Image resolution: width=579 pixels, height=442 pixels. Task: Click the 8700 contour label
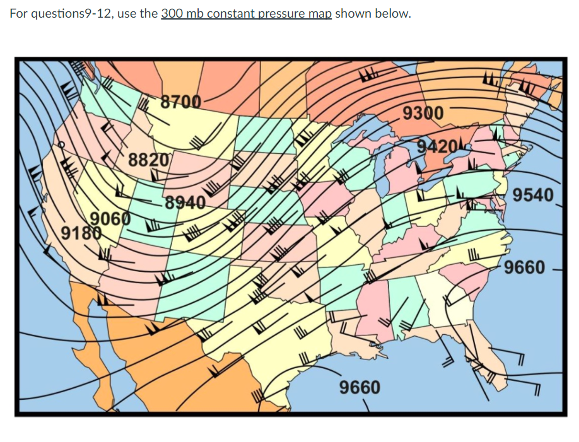tap(180, 102)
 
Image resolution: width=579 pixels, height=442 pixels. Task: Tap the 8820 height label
tap(149, 160)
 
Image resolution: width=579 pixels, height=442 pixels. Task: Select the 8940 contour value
tap(185, 203)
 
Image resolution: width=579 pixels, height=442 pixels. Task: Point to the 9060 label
tap(111, 219)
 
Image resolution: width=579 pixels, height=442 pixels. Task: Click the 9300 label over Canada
tap(423, 113)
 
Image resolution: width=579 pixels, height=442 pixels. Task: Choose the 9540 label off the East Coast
tap(532, 195)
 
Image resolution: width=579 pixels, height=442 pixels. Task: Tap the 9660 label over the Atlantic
tap(525, 267)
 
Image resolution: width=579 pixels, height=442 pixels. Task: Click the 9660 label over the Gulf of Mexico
tap(360, 387)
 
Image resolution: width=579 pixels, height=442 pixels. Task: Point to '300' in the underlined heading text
tap(172, 14)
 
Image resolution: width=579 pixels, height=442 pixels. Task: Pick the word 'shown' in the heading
tap(353, 14)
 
